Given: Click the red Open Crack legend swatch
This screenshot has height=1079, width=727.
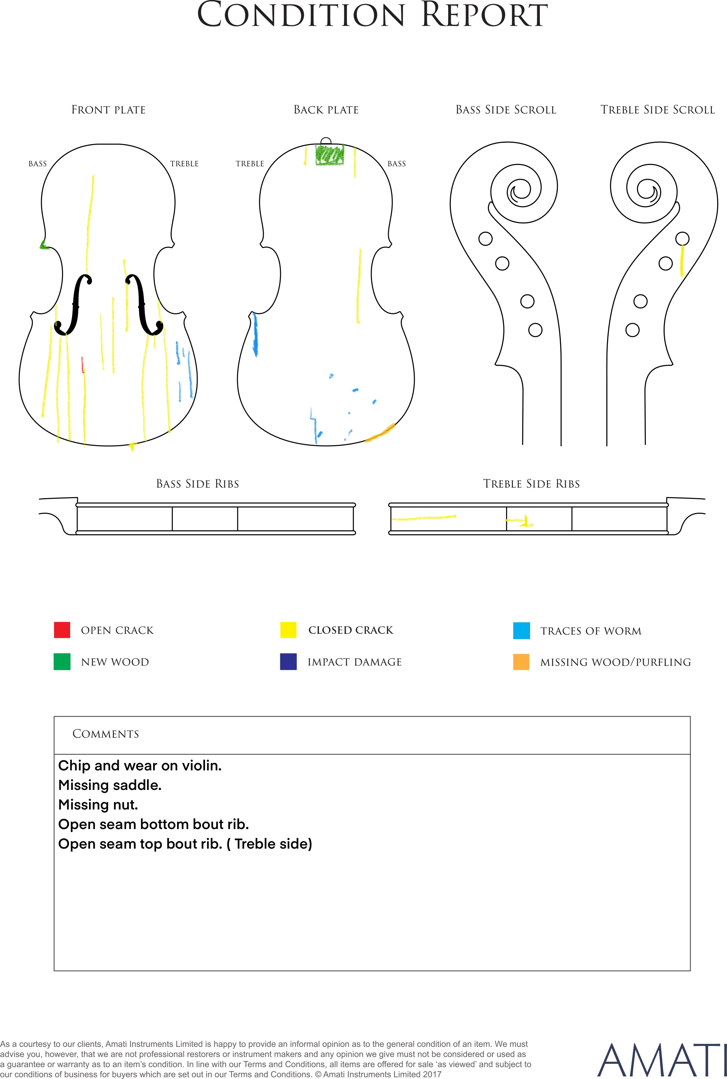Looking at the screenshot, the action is coord(62,630).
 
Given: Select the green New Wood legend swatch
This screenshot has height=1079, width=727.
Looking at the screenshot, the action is coord(62,662).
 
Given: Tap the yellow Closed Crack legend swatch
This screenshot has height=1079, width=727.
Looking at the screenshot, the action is coord(288,630).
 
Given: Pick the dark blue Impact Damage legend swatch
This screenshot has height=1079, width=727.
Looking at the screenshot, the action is coord(288,662).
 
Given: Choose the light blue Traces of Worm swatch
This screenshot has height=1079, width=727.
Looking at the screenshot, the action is coord(522,631).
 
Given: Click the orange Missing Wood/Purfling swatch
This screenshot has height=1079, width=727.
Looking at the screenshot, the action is coord(522,662).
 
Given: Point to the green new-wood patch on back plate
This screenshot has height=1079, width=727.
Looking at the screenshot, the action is coord(330,155).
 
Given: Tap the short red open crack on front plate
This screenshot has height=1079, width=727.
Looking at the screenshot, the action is coord(83,365).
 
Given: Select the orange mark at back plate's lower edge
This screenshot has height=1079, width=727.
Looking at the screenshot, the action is coord(380,433).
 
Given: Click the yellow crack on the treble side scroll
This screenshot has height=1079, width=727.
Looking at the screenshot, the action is coord(682,261).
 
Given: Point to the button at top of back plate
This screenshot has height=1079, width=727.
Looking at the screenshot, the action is coord(326,141).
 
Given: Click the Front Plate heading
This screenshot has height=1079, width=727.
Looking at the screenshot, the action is coord(109,110).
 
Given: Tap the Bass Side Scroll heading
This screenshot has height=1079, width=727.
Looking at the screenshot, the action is coord(506,110).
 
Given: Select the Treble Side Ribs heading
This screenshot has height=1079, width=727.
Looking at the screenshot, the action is coord(531,484).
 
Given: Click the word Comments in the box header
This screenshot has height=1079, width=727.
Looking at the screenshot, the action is coord(106,734).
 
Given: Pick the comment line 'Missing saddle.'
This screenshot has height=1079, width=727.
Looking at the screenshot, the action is coord(110,785).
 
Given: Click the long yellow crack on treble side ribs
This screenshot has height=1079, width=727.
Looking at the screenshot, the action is coord(424,517).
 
